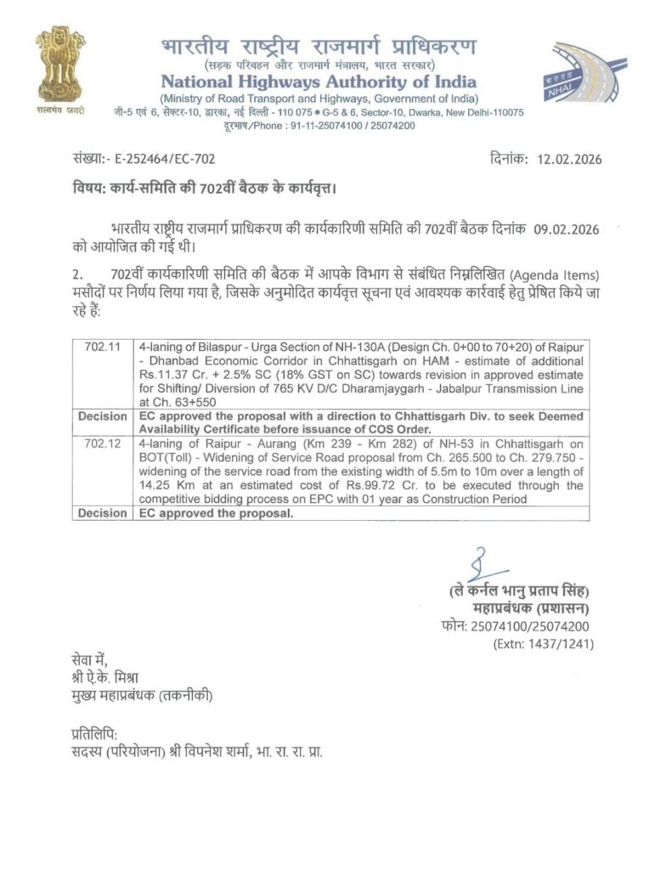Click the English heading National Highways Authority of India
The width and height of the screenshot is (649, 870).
pyautogui.click(x=319, y=82)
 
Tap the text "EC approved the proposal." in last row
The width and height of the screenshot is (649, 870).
pyautogui.click(x=214, y=513)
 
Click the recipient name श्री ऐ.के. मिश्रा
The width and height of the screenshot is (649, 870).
pyautogui.click(x=106, y=678)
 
